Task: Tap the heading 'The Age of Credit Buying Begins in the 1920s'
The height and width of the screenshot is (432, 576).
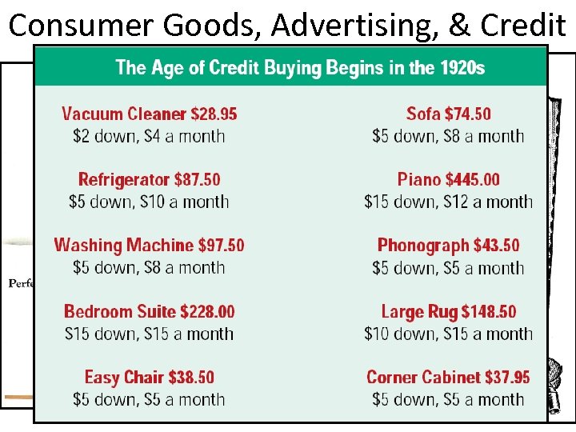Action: point(300,67)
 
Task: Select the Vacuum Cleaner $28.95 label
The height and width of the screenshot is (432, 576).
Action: point(150,114)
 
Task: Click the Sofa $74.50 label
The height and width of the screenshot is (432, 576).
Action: point(448,114)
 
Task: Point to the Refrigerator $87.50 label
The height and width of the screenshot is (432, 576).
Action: point(150,179)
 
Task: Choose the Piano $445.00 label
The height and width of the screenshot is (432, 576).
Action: point(448,179)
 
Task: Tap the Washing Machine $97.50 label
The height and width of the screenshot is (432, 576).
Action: point(150,245)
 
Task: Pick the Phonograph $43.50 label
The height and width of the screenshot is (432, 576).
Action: point(448,245)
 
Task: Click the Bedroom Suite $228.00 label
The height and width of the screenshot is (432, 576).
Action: point(150,311)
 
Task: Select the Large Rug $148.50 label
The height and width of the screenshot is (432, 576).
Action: point(448,311)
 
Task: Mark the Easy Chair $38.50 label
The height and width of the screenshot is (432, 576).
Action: point(150,377)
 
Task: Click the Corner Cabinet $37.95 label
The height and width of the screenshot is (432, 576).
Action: point(448,377)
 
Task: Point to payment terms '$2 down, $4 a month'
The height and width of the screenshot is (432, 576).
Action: point(150,136)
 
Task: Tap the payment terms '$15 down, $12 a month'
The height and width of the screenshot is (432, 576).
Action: point(448,202)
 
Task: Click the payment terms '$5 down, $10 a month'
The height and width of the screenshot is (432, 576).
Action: point(150,202)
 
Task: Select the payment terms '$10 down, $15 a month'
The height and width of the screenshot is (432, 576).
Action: point(448,334)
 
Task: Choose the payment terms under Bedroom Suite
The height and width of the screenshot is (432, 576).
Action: point(150,334)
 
